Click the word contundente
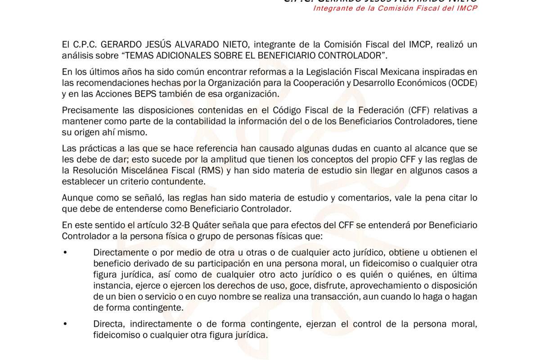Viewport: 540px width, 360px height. (x=182, y=181)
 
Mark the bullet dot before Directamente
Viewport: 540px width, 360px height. (x=65, y=253)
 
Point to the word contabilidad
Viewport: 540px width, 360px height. (x=182, y=121)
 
